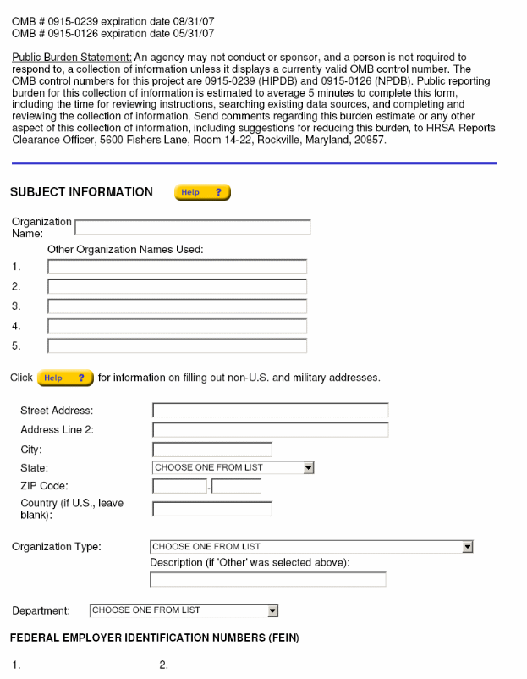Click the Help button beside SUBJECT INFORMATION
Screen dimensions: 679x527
[x=202, y=192]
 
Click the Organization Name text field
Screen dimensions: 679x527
[x=193, y=227]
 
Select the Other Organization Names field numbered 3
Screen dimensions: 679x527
[x=177, y=306]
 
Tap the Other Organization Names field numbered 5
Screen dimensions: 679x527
[x=177, y=345]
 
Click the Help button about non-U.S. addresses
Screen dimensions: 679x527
[x=65, y=378]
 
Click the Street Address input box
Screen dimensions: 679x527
[x=270, y=411]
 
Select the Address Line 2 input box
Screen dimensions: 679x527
[x=270, y=430]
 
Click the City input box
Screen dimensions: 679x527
[x=212, y=450]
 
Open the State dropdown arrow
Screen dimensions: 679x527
[x=309, y=467]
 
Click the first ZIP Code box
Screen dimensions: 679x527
[x=179, y=486]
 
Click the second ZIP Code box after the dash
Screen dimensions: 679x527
[x=236, y=486]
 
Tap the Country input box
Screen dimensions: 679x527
[x=212, y=509]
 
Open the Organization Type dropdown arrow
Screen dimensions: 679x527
[x=468, y=547]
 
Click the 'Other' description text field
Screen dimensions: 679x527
[x=267, y=580]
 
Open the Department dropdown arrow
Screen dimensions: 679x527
[x=272, y=610]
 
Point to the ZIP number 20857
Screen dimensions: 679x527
[x=371, y=140]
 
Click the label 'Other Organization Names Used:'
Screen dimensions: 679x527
[x=125, y=249]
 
